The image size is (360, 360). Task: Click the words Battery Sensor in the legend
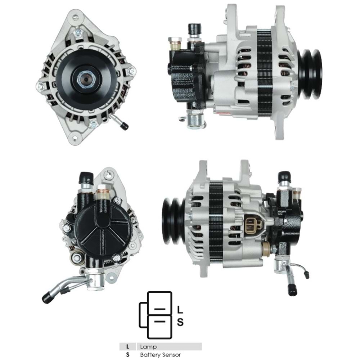(161, 355)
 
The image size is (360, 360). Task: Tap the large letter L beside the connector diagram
(180, 309)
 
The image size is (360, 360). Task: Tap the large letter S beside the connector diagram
(180, 322)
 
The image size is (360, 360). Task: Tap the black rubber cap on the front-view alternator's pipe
(125, 126)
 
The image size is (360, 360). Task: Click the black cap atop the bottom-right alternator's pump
(284, 176)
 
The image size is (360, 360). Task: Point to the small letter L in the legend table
(127, 347)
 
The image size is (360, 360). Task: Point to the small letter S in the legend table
(127, 355)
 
